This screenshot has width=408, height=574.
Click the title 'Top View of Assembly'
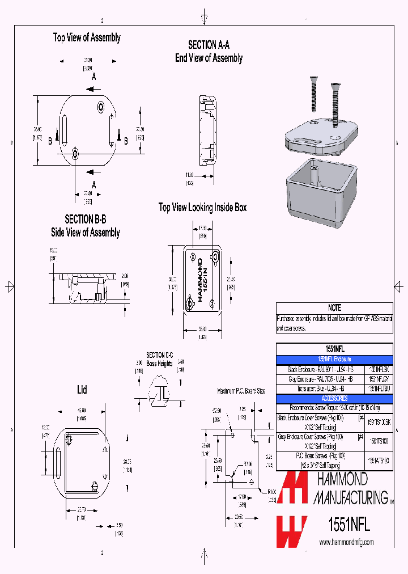point(87,37)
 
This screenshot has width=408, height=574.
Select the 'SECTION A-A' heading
point(209,45)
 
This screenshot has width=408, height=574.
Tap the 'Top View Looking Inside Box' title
point(202,208)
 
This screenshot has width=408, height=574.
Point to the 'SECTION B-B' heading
point(85,219)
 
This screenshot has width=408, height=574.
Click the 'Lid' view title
point(82,390)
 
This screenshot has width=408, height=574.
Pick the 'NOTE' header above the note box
point(334,308)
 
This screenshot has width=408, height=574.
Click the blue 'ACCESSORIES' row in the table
point(334,399)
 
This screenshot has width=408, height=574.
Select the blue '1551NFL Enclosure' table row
point(334,359)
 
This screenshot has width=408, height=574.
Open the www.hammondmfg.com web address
point(347,542)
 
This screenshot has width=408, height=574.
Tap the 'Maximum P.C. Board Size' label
point(241,391)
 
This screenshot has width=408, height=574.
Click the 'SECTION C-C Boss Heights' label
point(159,359)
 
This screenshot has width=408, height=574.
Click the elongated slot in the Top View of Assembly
point(64,129)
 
